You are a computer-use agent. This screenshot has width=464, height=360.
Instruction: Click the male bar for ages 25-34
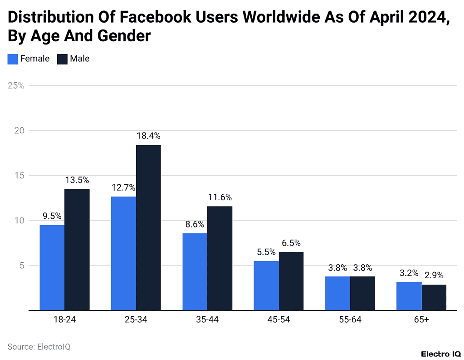(148, 227)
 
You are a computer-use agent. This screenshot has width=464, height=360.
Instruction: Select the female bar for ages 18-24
(52, 267)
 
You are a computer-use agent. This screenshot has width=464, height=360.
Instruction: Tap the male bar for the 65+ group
(434, 297)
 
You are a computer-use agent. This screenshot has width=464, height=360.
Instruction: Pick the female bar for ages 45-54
(266, 286)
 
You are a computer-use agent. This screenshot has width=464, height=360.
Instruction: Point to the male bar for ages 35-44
(220, 258)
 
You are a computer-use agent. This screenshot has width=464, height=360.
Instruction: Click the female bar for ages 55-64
(337, 293)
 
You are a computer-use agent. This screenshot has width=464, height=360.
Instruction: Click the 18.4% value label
(148, 136)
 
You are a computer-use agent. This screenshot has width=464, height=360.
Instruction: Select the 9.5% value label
(52, 216)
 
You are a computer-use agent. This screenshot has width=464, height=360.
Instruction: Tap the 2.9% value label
(434, 275)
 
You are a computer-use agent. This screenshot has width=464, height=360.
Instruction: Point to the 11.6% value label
(220, 197)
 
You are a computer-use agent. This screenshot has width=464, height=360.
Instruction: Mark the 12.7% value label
(123, 187)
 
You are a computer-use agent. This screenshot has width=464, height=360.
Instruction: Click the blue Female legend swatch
(13, 59)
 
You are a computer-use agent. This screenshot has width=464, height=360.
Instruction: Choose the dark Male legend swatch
(62, 59)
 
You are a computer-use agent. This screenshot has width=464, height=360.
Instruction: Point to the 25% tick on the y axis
(16, 85)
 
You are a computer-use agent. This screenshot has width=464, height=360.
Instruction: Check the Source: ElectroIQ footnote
(39, 347)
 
